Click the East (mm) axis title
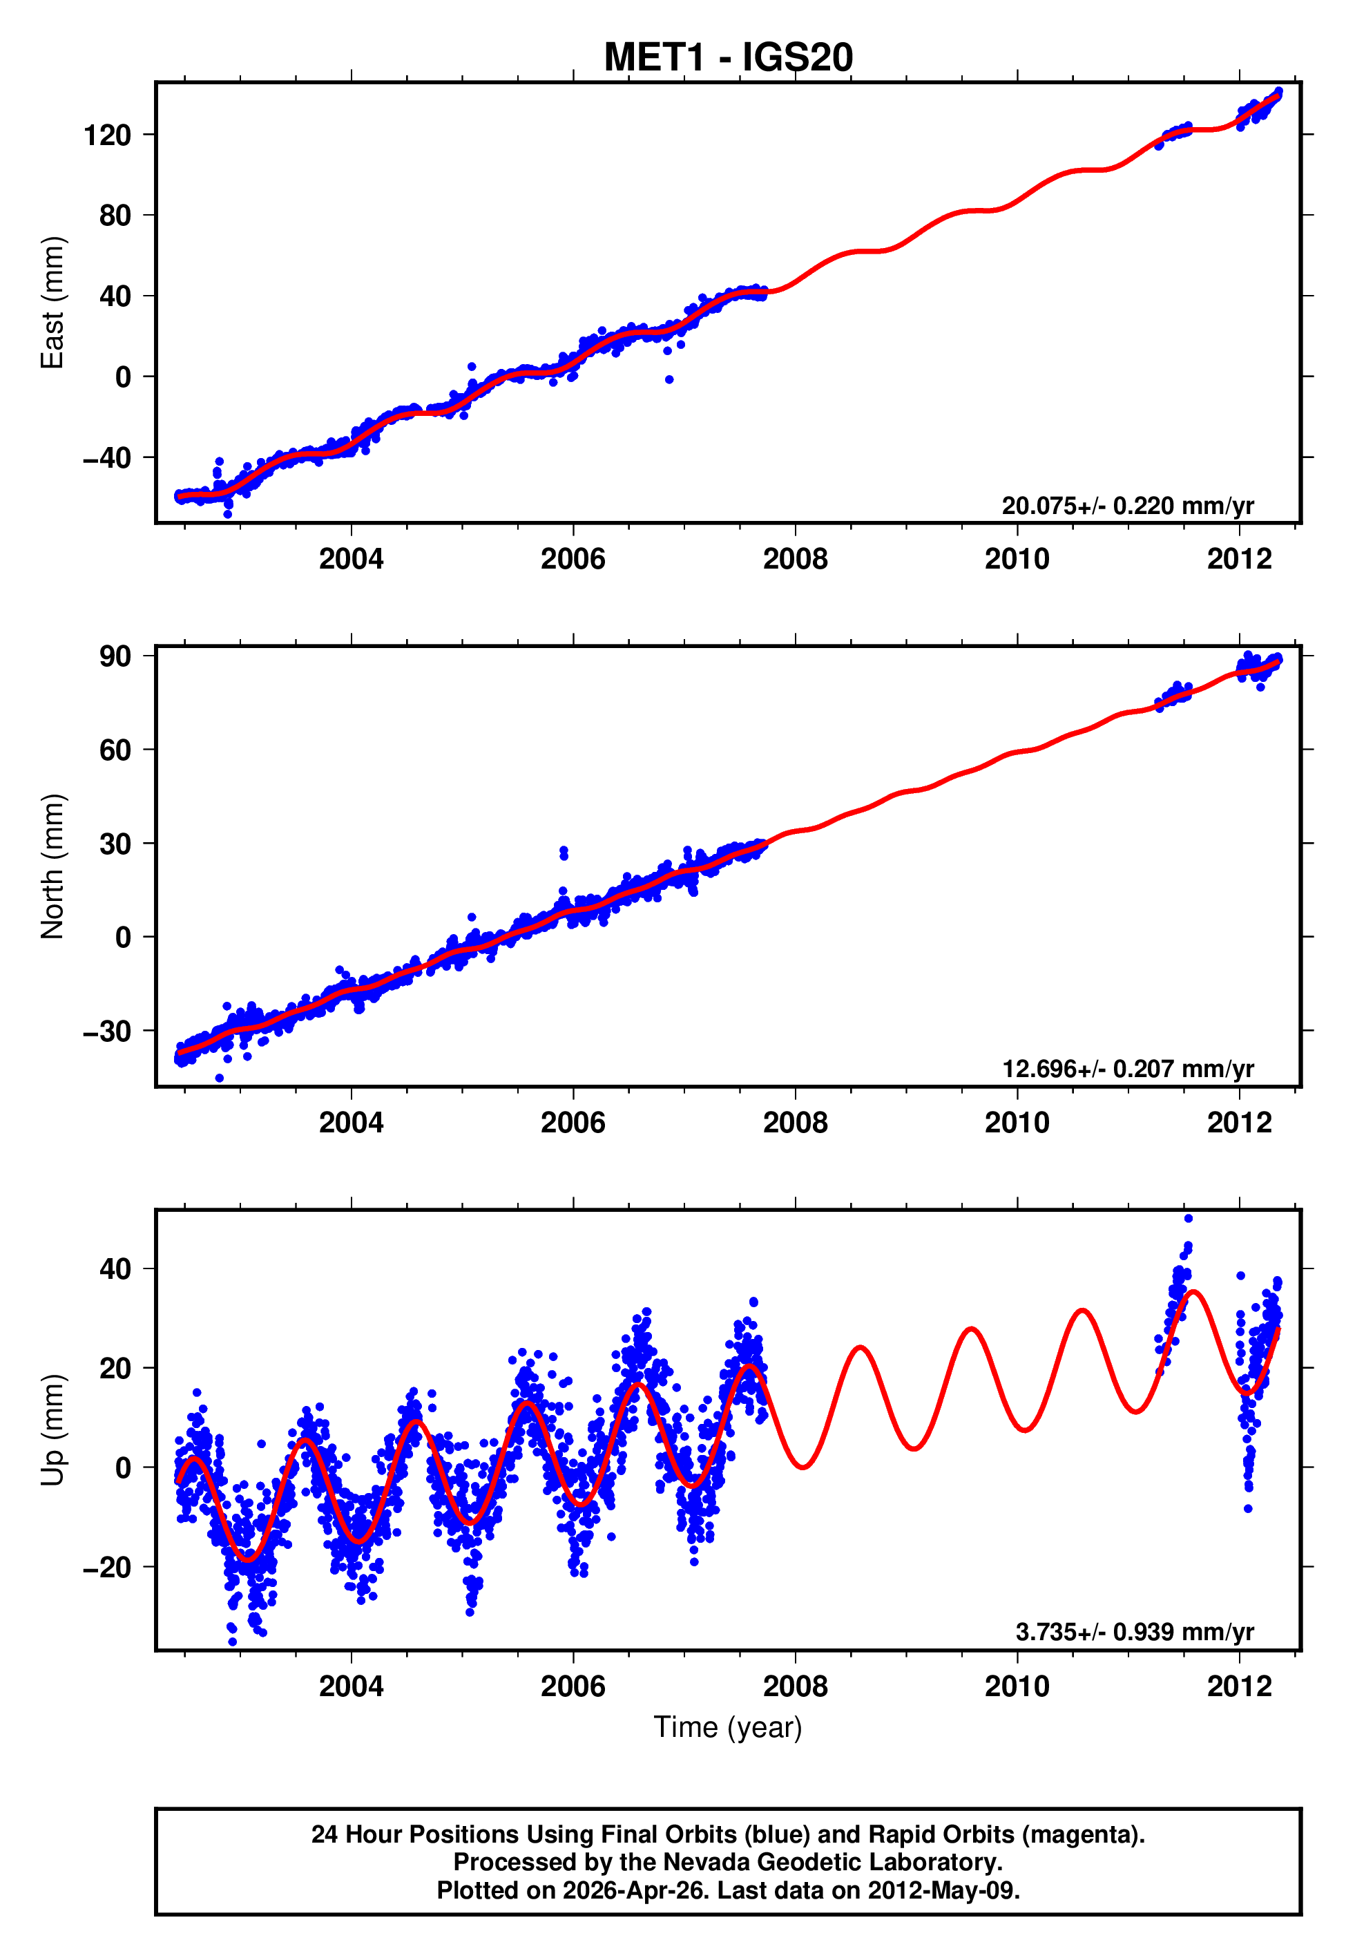[x=52, y=303]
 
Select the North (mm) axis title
[x=52, y=866]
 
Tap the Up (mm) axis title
[x=52, y=1430]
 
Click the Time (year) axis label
[x=728, y=1727]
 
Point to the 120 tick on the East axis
[x=107, y=135]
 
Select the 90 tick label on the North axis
[x=115, y=656]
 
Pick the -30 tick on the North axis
[x=107, y=1032]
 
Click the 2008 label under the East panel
[x=795, y=560]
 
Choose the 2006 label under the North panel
[x=573, y=1123]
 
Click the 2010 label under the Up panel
[x=1017, y=1686]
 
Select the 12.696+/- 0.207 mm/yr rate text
[x=1128, y=1069]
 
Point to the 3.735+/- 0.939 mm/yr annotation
[x=1134, y=1632]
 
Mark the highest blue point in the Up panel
[x=1188, y=1219]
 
